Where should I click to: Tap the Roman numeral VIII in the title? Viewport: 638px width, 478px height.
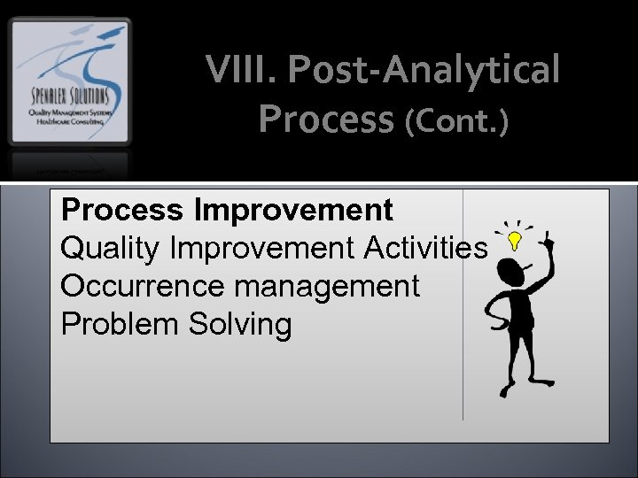tap(237, 70)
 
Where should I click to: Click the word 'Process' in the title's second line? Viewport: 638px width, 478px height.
tap(326, 119)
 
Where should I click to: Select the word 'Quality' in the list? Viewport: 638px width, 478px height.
tap(111, 249)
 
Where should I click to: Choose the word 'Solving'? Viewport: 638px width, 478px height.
tap(239, 325)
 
